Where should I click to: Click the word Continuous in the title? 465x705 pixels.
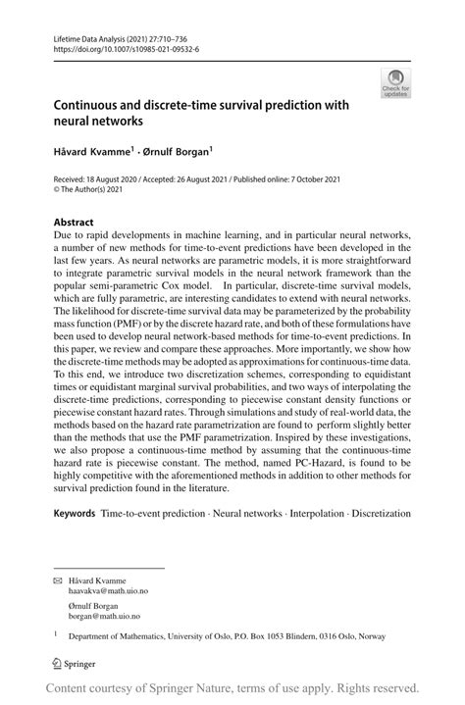click(x=94, y=106)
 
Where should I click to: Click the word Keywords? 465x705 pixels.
click(x=75, y=513)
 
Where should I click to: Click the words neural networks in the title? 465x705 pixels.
click(x=96, y=123)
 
